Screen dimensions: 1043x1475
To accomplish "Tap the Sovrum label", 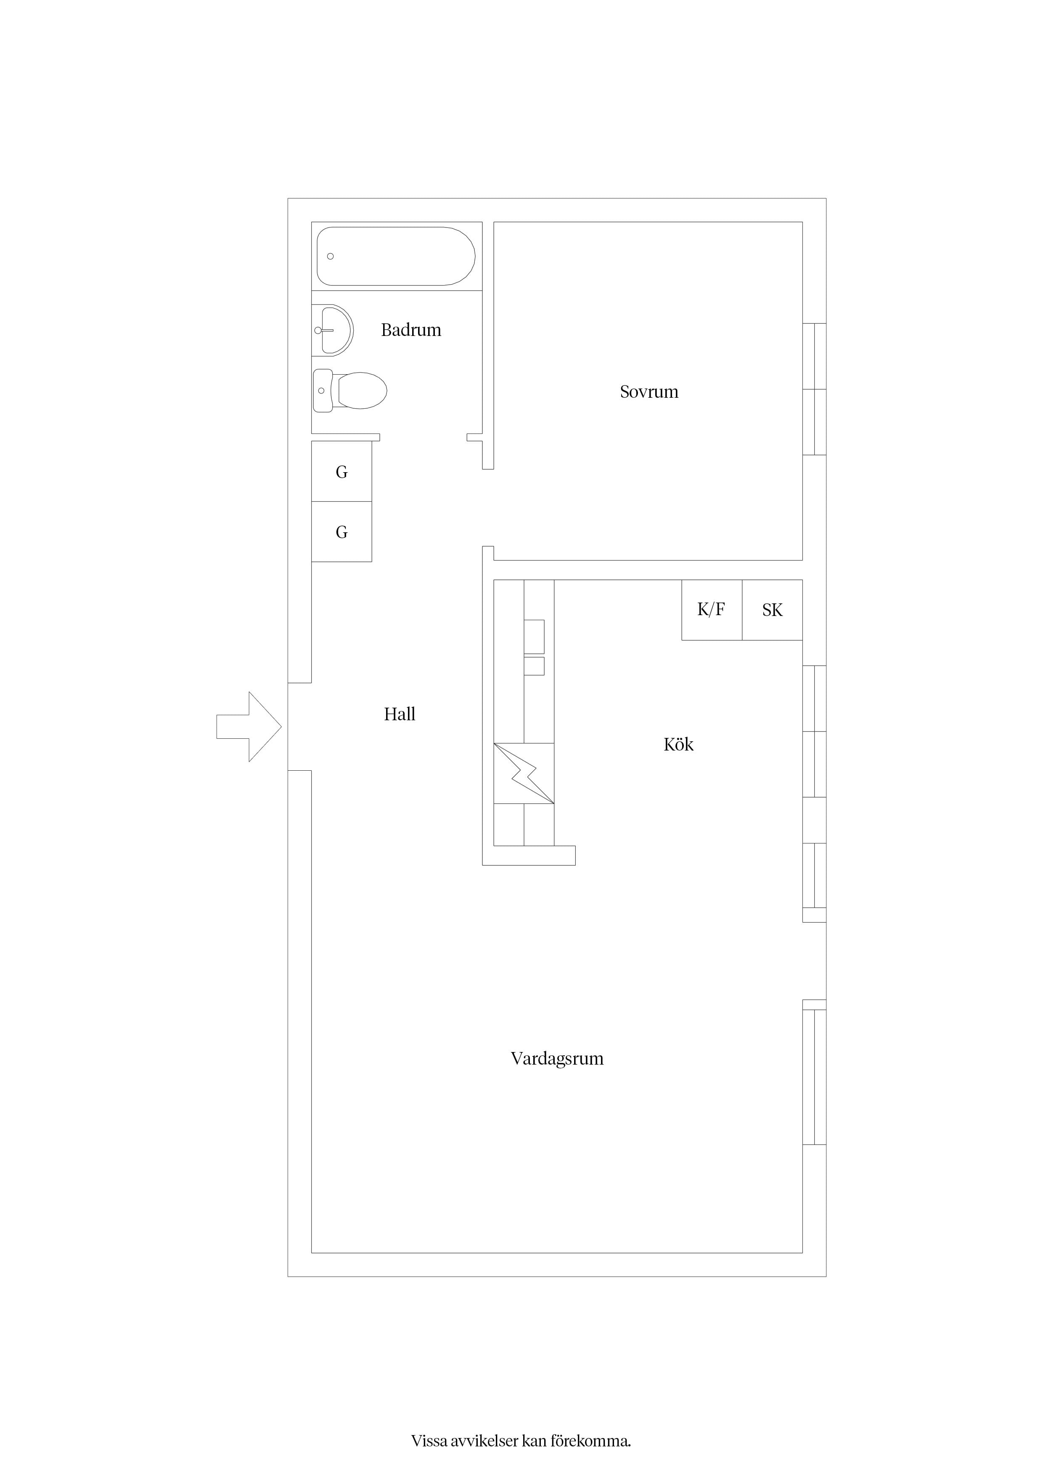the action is [649, 392].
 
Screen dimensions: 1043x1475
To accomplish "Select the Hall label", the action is [400, 714].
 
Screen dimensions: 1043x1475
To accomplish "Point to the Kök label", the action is [679, 745].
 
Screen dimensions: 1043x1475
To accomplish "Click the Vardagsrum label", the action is [557, 1059].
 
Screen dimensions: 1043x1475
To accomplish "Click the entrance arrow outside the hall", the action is [249, 727].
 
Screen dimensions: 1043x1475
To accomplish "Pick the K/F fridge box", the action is [712, 610].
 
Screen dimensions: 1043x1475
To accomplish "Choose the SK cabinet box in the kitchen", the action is [773, 610].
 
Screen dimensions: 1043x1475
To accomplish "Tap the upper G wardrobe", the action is [342, 471].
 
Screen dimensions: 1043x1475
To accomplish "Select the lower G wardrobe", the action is [342, 532].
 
